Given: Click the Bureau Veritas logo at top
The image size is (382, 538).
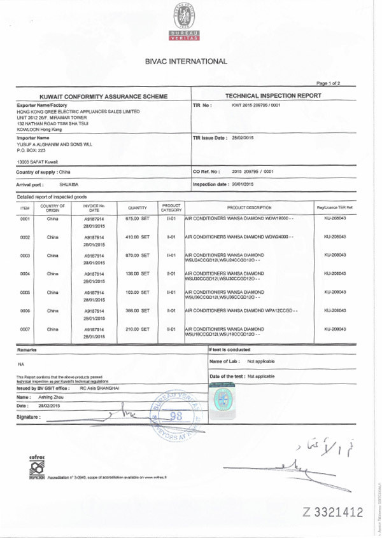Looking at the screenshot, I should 185,22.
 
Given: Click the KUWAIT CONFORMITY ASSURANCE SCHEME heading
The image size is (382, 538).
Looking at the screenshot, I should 104,96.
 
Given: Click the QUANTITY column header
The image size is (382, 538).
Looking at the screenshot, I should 138,207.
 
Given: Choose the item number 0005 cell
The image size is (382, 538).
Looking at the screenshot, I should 25,292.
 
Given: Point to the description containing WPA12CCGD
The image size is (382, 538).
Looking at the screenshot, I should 241,310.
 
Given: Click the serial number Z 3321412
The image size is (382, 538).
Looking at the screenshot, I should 333,512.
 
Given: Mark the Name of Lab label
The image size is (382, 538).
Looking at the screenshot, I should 224,361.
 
